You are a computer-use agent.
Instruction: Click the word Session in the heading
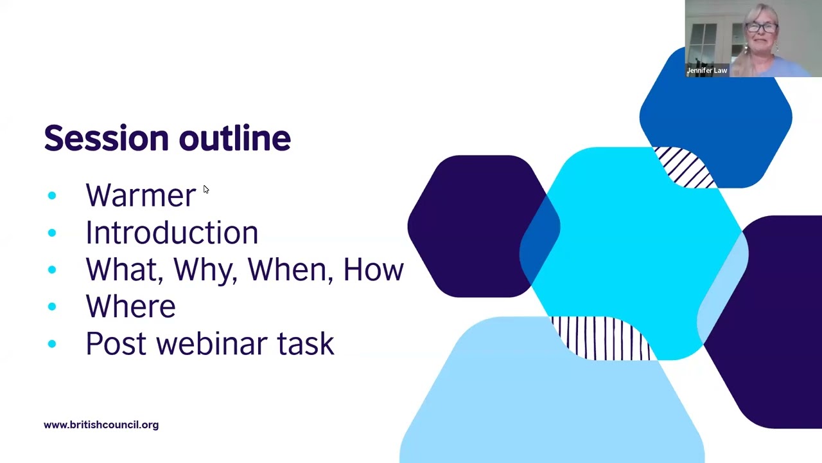(x=106, y=138)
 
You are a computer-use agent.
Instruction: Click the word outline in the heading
(x=234, y=138)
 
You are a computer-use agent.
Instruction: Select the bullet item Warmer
(x=141, y=195)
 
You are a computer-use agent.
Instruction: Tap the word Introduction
(x=171, y=233)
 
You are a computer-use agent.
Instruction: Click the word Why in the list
(x=205, y=270)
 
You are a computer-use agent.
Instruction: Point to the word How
(x=373, y=270)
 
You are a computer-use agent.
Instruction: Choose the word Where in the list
(x=130, y=307)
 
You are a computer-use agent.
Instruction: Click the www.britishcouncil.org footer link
(x=101, y=425)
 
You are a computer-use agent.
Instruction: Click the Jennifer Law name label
(x=707, y=71)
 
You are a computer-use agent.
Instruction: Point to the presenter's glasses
(x=762, y=28)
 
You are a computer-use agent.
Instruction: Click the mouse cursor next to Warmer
(x=205, y=190)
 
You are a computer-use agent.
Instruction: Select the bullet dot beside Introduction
(x=52, y=233)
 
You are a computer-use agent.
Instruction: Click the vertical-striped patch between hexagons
(x=601, y=338)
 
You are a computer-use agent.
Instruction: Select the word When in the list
(x=290, y=270)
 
